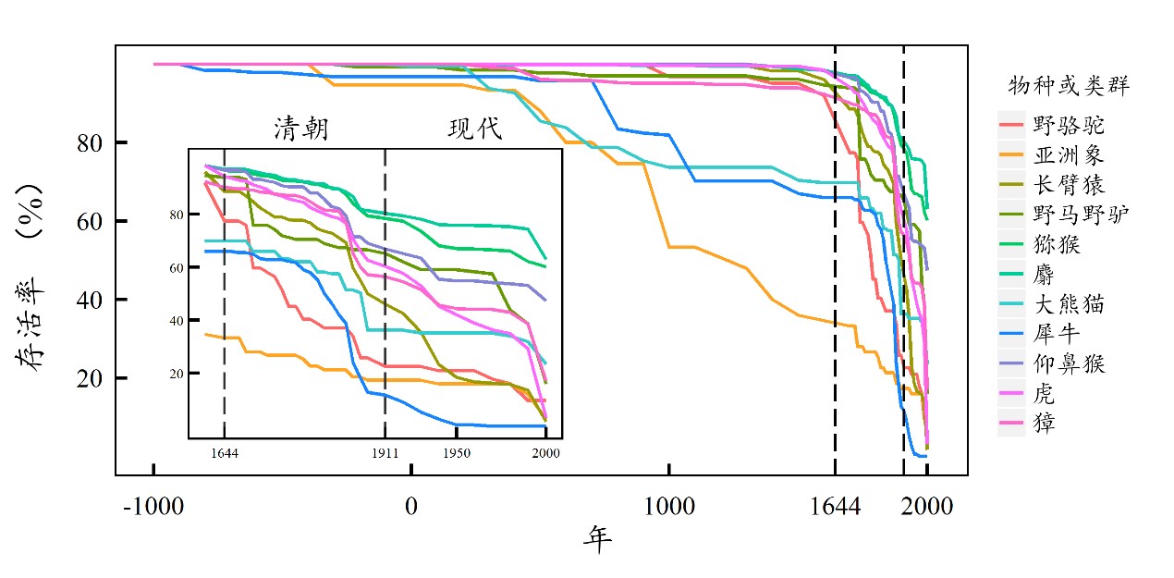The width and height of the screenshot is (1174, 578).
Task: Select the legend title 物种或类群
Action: tap(1068, 86)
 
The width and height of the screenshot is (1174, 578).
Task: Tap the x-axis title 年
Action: tap(597, 539)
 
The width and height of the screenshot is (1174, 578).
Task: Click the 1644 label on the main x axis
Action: tap(836, 506)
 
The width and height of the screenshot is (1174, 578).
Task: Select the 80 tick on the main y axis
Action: tap(90, 142)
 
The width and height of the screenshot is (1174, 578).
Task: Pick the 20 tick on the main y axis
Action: tap(90, 378)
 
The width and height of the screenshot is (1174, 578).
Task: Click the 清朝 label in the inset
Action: tap(301, 129)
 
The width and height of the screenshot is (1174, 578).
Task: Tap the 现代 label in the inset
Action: tap(475, 129)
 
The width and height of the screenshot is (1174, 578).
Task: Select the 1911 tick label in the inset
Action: tap(385, 453)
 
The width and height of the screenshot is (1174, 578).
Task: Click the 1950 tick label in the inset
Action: tap(457, 453)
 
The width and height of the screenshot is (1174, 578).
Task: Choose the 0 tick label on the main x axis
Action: tap(411, 506)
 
